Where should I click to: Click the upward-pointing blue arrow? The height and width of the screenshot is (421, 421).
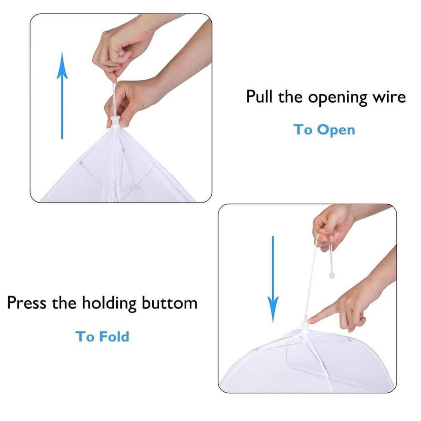[x=62, y=95]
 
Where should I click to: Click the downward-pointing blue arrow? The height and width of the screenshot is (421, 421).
[x=273, y=279]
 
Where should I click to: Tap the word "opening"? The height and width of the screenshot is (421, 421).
[x=338, y=98]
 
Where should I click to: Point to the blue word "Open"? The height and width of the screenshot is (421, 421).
[x=336, y=130]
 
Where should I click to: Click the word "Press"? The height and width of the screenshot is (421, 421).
[x=27, y=303]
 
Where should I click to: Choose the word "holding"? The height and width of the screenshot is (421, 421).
[x=109, y=304]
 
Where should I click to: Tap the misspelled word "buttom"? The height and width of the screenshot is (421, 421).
[x=169, y=303]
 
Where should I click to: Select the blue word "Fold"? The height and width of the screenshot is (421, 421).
[x=114, y=336]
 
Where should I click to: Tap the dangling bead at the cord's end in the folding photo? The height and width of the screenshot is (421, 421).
[x=332, y=275]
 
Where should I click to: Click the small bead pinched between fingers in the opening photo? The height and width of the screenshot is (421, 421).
[x=122, y=53]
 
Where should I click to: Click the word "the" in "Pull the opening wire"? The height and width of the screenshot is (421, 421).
[x=290, y=97]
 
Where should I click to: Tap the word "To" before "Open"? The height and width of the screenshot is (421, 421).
[x=303, y=130]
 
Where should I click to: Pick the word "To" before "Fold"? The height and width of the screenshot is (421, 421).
[x=85, y=336]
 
